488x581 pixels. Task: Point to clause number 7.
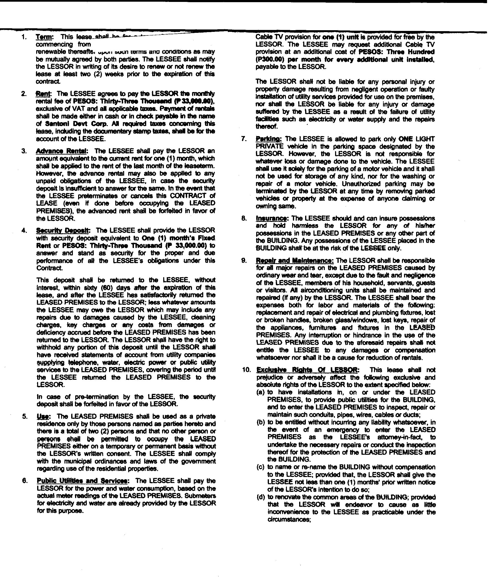tap(244, 139)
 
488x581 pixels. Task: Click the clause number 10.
tap(246, 370)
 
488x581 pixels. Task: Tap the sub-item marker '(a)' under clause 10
tap(261, 392)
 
